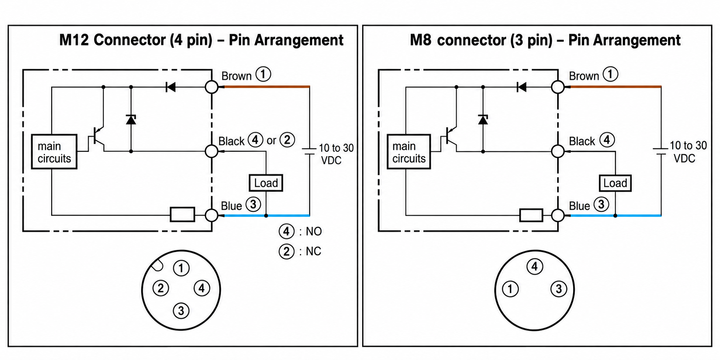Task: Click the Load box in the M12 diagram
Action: click(266, 183)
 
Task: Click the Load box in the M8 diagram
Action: click(615, 183)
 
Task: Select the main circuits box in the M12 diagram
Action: click(54, 152)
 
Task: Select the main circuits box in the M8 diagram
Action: click(409, 152)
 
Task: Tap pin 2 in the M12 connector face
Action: click(161, 288)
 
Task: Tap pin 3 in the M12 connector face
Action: click(181, 311)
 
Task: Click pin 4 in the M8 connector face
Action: click(535, 267)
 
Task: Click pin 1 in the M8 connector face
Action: click(510, 289)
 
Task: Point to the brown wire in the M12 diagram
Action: click(264, 86)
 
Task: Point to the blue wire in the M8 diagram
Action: click(613, 215)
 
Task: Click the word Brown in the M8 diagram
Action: click(584, 76)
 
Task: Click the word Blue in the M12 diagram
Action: click(231, 206)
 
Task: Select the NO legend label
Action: click(314, 231)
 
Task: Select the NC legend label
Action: click(313, 251)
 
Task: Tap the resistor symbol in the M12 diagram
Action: click(182, 215)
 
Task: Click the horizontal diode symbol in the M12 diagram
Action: click(170, 87)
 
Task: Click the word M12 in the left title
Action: click(74, 40)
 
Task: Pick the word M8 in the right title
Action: click(421, 40)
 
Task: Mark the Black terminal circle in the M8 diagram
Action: click(558, 151)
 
